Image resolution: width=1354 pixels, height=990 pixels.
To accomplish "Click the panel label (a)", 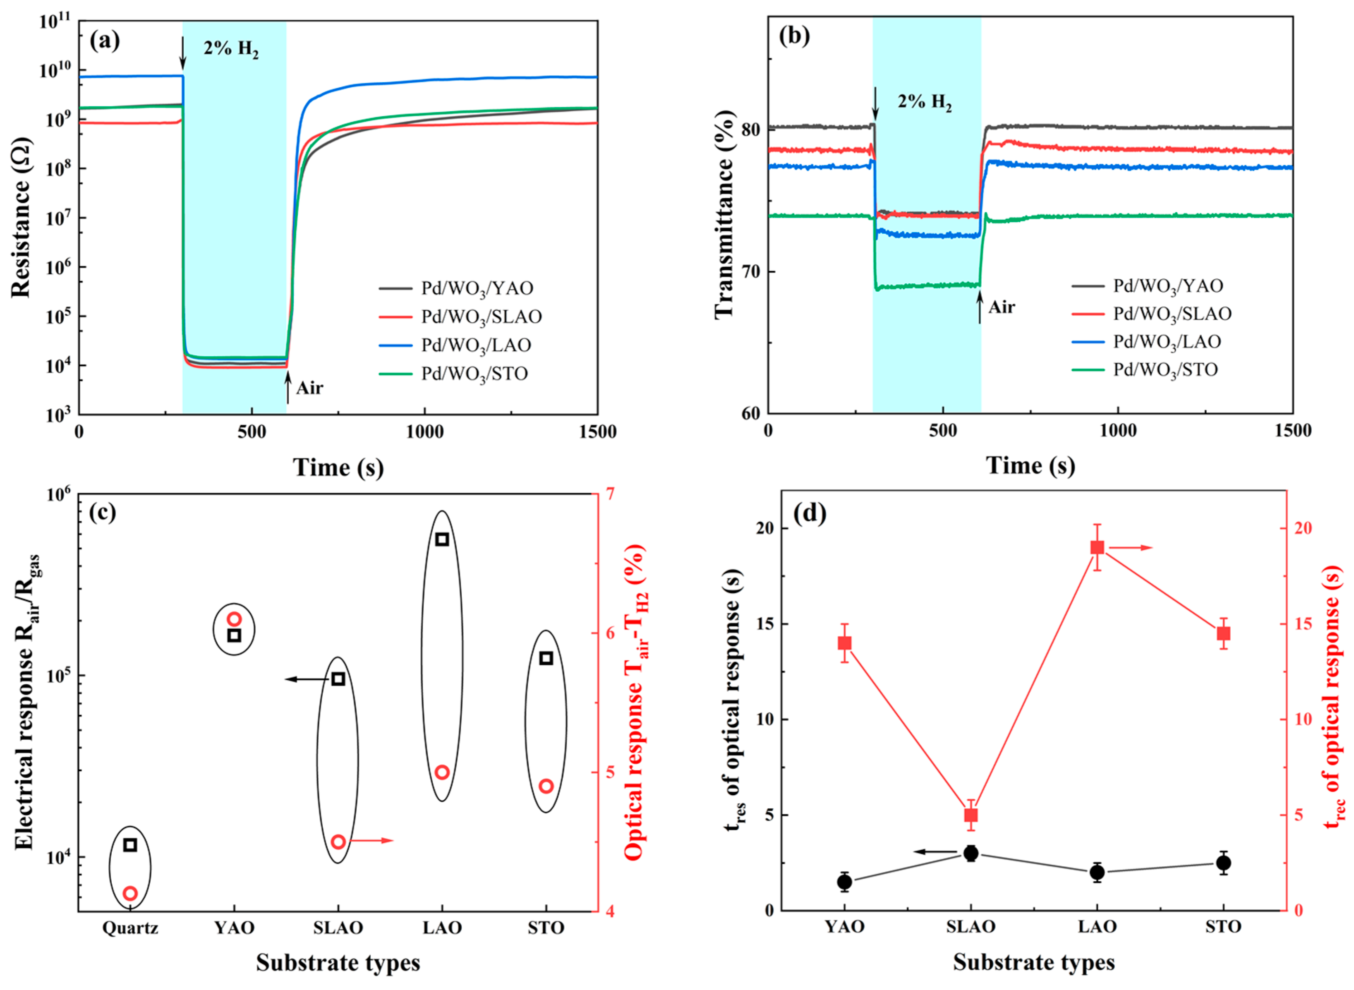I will (x=105, y=41).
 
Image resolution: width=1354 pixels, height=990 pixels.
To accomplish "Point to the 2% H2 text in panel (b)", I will (x=925, y=102).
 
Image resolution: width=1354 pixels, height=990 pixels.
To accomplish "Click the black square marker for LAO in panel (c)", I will (x=442, y=539).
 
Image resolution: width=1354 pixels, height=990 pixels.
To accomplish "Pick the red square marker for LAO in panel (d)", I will (x=1098, y=547).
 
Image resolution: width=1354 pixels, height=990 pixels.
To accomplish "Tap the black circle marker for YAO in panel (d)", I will (x=845, y=882).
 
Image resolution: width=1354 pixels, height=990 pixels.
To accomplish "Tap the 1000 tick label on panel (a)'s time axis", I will (x=425, y=432).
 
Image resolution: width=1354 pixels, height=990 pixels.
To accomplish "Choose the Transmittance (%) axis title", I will (x=724, y=214).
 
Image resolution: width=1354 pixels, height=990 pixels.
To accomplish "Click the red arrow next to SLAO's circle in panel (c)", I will (x=371, y=840).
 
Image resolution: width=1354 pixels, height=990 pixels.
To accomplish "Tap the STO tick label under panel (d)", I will (x=1223, y=927).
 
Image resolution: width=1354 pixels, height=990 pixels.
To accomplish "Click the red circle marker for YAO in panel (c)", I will (x=234, y=619).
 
